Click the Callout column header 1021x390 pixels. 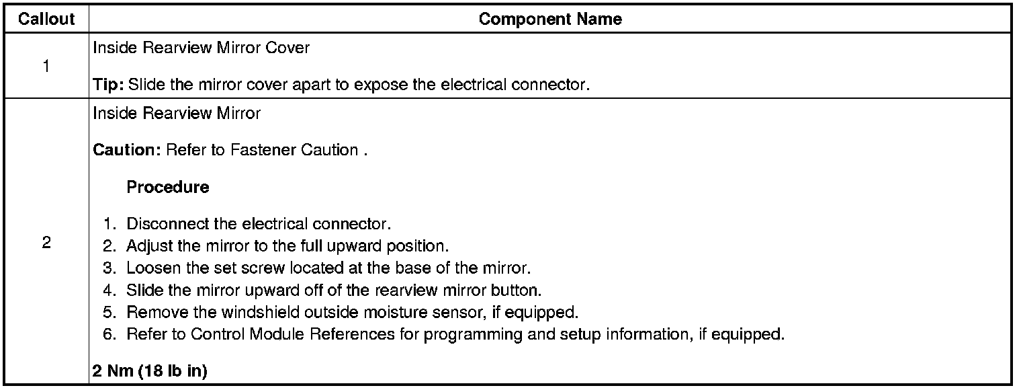(x=46, y=19)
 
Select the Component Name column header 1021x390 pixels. (x=550, y=19)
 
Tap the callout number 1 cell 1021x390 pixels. (x=46, y=67)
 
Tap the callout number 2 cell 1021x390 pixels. (x=46, y=243)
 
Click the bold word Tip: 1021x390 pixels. (x=108, y=85)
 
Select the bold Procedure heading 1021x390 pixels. (x=167, y=187)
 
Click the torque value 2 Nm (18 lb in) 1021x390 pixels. (x=150, y=371)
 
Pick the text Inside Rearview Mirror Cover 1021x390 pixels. (x=202, y=48)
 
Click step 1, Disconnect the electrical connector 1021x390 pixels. (x=259, y=223)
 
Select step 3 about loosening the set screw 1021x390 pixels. (x=328, y=268)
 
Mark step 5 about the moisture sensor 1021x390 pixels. (x=352, y=313)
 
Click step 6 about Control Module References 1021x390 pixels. (x=455, y=334)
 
